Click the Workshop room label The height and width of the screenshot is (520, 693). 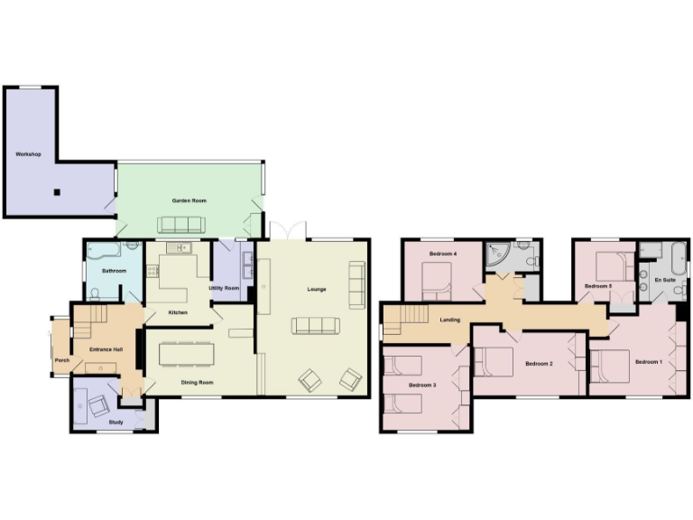(28, 154)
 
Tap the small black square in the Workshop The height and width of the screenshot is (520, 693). (56, 191)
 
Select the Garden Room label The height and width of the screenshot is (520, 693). (189, 200)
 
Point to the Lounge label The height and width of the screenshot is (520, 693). (316, 289)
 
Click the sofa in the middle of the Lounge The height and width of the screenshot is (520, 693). (315, 324)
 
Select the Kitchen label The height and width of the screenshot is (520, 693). (178, 313)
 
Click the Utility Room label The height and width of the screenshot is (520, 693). (224, 288)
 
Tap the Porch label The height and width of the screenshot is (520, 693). (61, 360)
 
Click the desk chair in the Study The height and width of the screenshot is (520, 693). (97, 405)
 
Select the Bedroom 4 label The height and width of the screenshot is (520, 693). (442, 254)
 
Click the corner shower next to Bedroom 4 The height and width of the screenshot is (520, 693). (497, 256)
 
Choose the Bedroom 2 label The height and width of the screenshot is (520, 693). (539, 364)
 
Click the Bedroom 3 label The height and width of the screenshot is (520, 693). (421, 385)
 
